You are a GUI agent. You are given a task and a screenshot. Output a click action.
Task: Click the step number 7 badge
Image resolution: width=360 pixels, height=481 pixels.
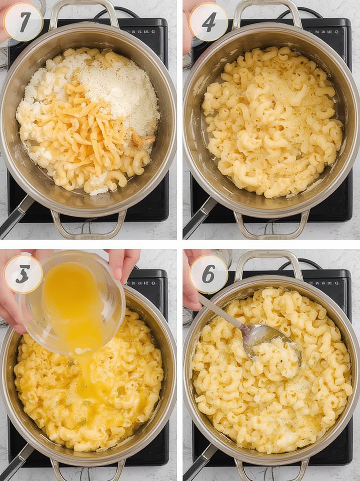point(23,22)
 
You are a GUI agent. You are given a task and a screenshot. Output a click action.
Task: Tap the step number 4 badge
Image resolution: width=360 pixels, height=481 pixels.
point(209,22)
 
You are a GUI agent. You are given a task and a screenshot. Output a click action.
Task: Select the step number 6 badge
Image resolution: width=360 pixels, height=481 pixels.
point(209,274)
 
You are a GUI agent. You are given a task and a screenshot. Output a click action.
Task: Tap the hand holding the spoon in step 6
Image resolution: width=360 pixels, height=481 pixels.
point(191,287)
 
